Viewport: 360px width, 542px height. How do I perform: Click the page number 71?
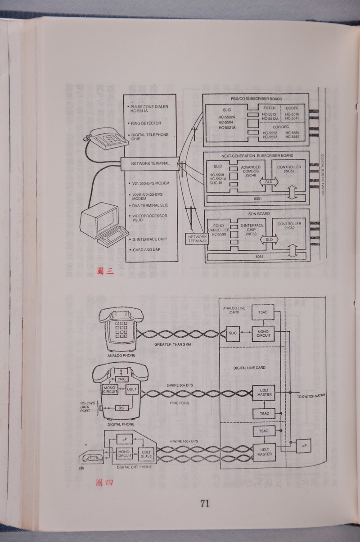click(205, 503)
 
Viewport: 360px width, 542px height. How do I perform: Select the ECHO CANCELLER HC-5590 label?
click(219, 230)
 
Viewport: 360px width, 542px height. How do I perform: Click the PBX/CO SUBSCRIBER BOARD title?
click(256, 98)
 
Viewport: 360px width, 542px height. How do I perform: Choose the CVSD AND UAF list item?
click(144, 249)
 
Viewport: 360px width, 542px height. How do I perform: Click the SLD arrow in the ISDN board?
click(269, 240)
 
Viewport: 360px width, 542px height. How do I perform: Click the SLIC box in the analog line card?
click(233, 334)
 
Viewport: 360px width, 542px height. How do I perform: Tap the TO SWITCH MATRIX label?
click(311, 397)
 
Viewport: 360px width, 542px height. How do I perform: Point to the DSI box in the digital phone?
click(121, 408)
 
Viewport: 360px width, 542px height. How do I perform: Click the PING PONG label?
click(179, 404)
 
